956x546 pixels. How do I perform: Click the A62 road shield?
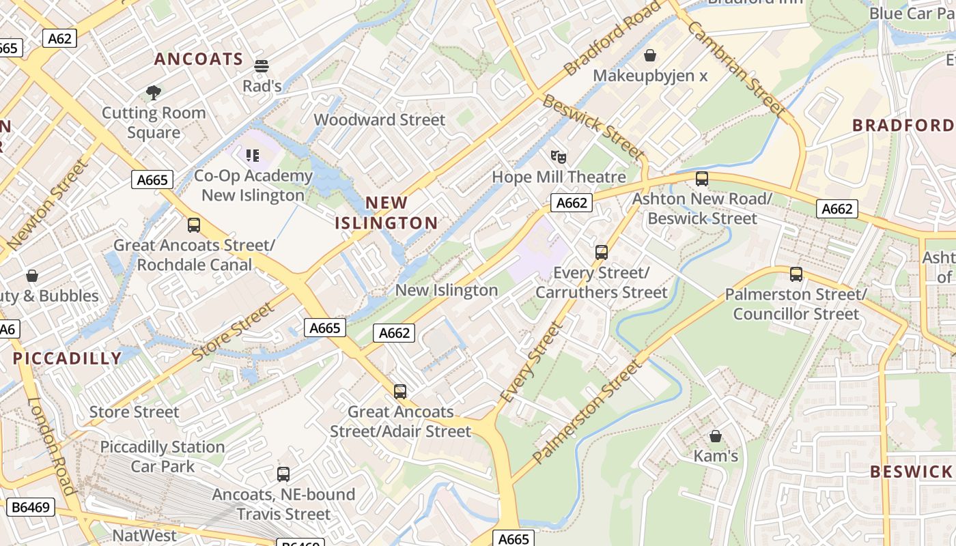click(x=60, y=38)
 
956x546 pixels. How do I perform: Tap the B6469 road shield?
click(x=31, y=507)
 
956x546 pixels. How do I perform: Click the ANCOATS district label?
click(x=199, y=59)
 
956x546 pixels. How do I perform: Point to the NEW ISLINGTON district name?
click(x=386, y=213)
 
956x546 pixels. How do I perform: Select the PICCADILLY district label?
click(x=67, y=358)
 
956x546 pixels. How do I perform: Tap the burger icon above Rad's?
click(x=262, y=66)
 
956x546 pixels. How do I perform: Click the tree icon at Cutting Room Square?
click(x=154, y=92)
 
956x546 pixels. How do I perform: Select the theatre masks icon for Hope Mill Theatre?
click(x=559, y=157)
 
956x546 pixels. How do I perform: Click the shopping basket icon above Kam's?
click(x=716, y=435)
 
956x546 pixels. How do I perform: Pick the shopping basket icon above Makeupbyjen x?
click(x=650, y=55)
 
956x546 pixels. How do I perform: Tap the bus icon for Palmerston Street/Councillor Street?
click(x=796, y=274)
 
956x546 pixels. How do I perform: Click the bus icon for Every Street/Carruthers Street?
click(x=602, y=253)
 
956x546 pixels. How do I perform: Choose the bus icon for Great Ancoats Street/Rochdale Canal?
click(x=194, y=225)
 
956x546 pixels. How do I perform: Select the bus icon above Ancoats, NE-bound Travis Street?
click(x=283, y=474)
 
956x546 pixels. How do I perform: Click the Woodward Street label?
click(x=380, y=120)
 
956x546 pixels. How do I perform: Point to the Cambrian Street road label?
click(x=737, y=68)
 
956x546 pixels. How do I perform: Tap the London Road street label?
click(x=51, y=446)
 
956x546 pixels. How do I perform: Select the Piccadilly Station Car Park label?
click(x=163, y=457)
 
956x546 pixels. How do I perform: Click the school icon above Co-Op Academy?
click(x=253, y=156)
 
